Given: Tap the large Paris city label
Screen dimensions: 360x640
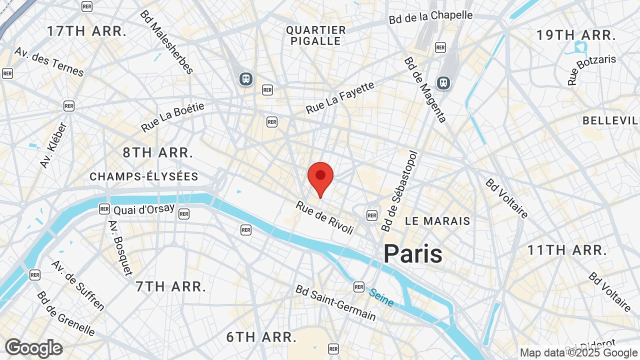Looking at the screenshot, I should pyautogui.click(x=412, y=253).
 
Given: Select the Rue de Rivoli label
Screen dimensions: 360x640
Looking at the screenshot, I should pyautogui.click(x=324, y=217).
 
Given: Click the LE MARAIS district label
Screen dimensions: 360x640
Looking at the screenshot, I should pyautogui.click(x=437, y=221).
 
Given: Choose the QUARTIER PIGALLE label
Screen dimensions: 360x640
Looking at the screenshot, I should pyautogui.click(x=316, y=35).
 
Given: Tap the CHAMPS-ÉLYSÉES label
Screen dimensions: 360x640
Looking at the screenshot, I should pyautogui.click(x=144, y=176).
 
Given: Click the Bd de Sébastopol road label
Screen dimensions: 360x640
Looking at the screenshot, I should pyautogui.click(x=399, y=191).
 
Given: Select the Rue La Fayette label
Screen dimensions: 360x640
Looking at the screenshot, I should pyautogui.click(x=340, y=97).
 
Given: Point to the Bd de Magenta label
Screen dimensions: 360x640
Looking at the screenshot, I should pyautogui.click(x=425, y=89).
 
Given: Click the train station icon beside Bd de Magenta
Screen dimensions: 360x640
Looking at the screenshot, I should pyautogui.click(x=443, y=82).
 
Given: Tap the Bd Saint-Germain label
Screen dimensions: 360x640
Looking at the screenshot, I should pyautogui.click(x=335, y=303).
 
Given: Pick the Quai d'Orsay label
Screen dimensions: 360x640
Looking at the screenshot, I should pyautogui.click(x=144, y=209).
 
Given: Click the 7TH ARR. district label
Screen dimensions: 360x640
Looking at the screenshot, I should pyautogui.click(x=171, y=286).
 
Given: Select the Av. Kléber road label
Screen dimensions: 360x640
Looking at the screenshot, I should pyautogui.click(x=53, y=145).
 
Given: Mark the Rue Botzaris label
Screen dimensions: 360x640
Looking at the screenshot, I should pyautogui.click(x=592, y=70).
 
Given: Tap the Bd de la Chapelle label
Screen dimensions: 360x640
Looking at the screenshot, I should pyautogui.click(x=430, y=17).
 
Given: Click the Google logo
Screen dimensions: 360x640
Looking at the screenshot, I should pyautogui.click(x=34, y=348).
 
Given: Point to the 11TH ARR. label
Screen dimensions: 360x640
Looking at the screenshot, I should pyautogui.click(x=567, y=249).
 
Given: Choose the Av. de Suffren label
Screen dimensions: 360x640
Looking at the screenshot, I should pyautogui.click(x=77, y=285).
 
